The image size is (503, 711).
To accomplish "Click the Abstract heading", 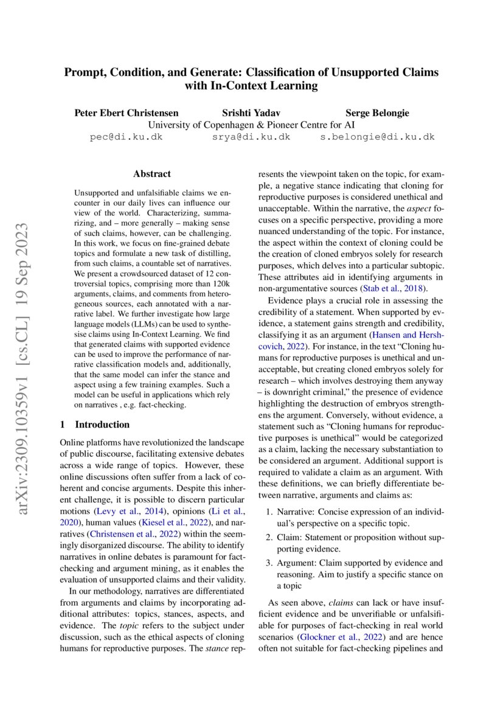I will tap(151, 174).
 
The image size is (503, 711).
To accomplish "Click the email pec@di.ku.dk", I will tap(126, 137).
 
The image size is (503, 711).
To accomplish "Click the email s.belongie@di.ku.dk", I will tap(377, 137).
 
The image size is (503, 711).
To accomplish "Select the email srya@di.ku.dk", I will tap(251, 137).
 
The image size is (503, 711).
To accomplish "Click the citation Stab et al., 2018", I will tap(394, 288).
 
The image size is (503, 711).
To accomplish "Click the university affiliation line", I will tap(251, 125).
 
